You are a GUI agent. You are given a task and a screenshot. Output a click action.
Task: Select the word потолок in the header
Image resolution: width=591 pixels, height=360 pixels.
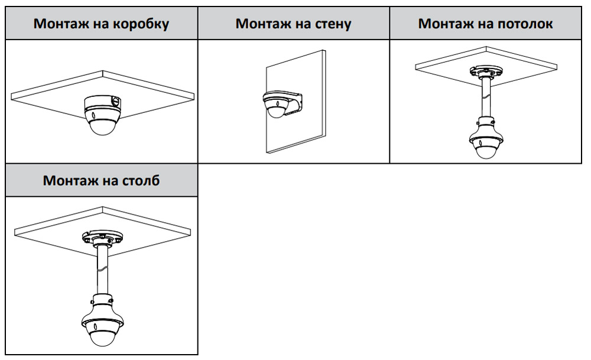click(x=523, y=24)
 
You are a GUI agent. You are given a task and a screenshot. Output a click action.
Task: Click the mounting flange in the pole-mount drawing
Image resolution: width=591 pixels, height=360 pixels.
click(x=104, y=239)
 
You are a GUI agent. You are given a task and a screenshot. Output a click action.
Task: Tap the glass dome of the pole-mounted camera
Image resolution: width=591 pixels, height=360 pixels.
click(x=104, y=335)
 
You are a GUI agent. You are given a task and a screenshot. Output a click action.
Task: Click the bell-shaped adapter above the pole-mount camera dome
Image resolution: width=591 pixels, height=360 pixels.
click(x=104, y=304)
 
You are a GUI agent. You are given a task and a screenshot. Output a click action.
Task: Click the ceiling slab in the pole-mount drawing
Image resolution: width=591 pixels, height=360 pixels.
click(x=47, y=228)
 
